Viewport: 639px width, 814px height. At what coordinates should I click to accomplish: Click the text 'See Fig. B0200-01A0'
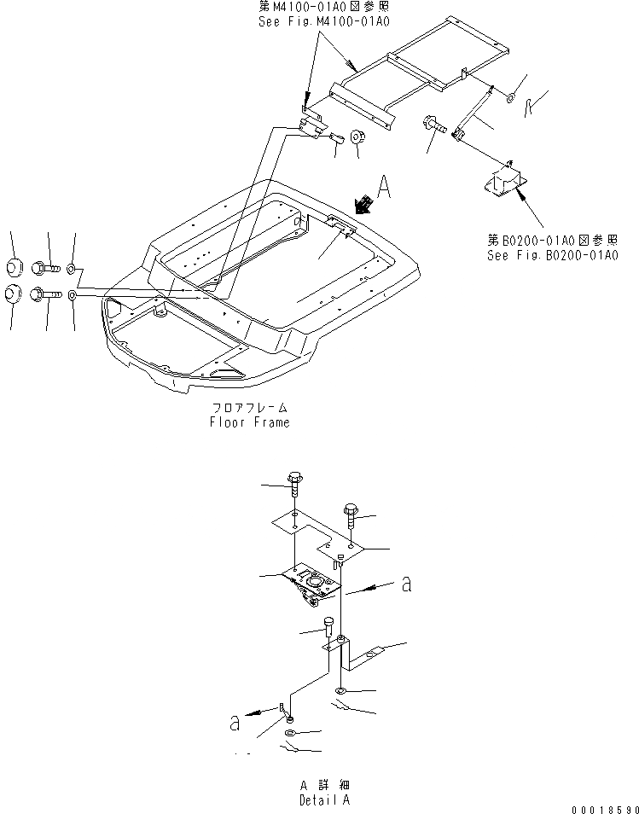click(552, 254)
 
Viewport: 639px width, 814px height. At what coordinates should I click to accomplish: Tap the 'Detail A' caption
click(323, 799)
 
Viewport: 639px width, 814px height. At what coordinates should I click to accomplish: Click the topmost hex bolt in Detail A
click(294, 485)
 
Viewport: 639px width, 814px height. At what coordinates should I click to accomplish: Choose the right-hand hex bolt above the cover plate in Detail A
click(352, 515)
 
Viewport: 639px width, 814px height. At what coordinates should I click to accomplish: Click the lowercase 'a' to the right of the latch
click(407, 584)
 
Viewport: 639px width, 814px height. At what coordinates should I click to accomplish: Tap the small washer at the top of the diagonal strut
click(508, 99)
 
